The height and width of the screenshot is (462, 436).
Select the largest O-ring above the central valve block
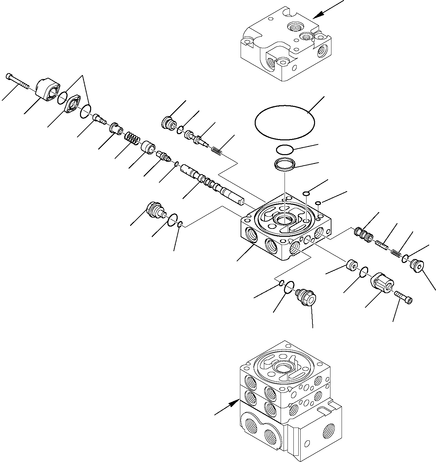(285, 122)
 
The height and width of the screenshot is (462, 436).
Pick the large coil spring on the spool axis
(132, 138)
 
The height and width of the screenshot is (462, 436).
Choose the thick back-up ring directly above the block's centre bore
(285, 164)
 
